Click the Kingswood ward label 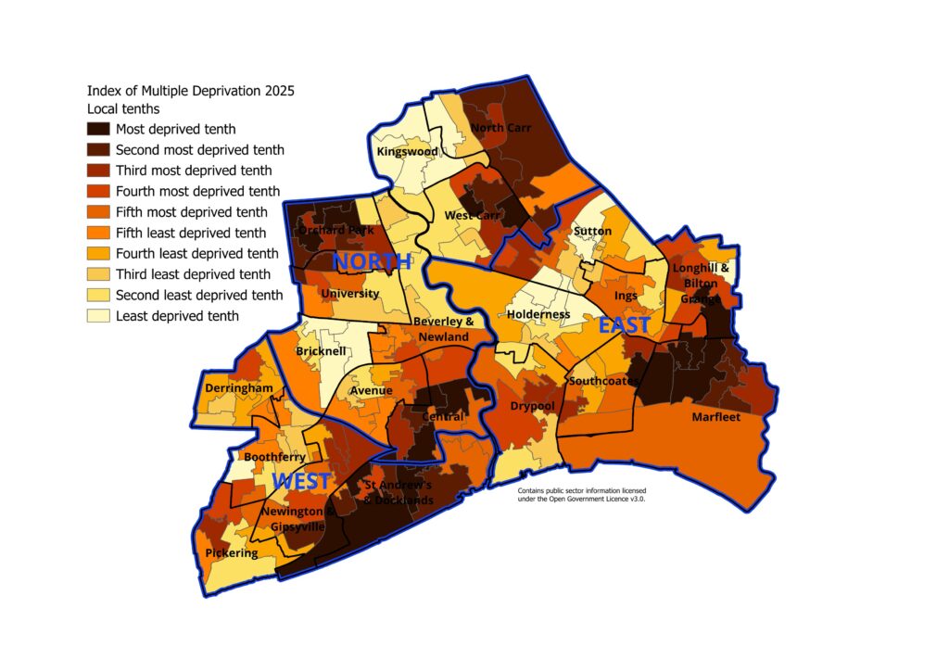407,151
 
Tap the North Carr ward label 500,128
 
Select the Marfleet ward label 716,417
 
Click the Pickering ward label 232,553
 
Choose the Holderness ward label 538,314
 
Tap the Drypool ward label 532,406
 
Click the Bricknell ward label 322,352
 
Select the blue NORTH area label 371,262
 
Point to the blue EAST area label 624,325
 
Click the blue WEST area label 301,482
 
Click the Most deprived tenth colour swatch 98,130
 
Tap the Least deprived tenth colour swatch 98,316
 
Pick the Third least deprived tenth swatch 98,274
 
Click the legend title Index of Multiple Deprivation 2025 190,91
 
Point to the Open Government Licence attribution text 581,494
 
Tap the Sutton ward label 592,230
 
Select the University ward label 349,294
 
